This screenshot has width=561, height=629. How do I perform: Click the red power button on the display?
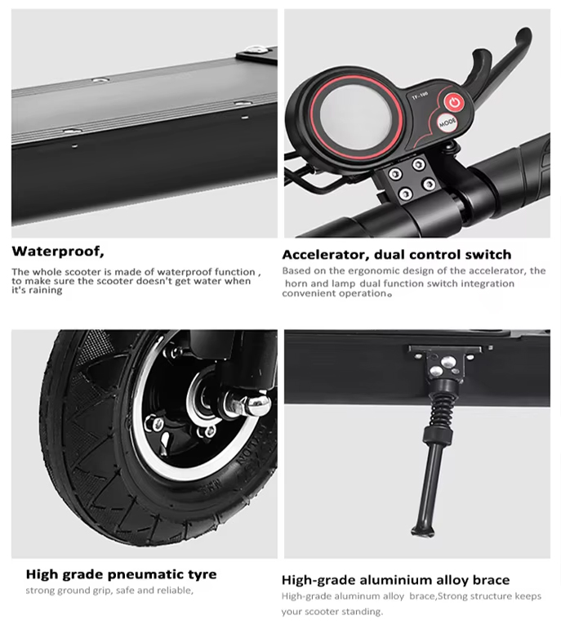pos(454,103)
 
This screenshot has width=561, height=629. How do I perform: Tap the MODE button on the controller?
pos(447,124)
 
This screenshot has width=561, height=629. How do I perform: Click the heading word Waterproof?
pos(57,251)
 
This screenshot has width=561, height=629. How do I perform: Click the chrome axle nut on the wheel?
pos(253,404)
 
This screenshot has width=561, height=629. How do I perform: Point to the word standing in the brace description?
pos(360,612)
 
